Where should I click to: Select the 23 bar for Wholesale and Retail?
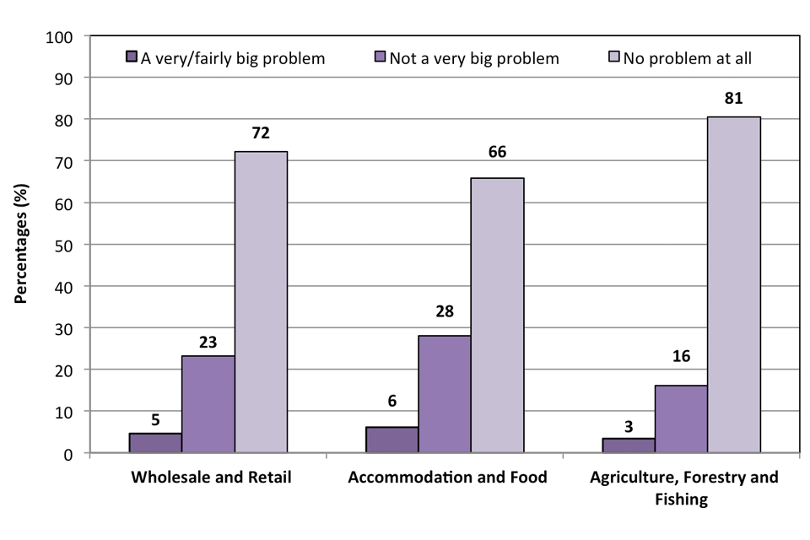pos(209,404)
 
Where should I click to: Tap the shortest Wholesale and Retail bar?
pos(156,443)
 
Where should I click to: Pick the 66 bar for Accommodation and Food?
pos(498,316)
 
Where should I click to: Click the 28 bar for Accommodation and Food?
pos(445,394)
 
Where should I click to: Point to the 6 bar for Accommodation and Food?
pos(393,440)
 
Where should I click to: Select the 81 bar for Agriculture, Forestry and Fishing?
pos(734,284)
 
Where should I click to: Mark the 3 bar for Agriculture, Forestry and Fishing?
pos(629,445)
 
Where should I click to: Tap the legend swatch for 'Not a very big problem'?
pos(380,58)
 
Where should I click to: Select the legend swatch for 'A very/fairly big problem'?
pos(131,58)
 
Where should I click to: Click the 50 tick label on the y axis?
pos(65,246)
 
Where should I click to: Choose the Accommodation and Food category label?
pos(447,478)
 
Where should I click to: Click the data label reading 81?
pos(734,100)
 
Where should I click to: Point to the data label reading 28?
pos(445,311)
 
